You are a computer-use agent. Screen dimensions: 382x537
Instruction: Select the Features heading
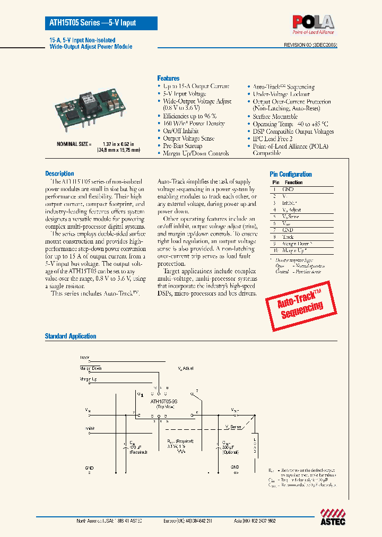tap(168, 78)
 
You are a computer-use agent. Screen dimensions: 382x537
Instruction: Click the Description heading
tap(59, 174)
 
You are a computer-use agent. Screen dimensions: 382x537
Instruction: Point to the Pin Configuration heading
tap(291, 174)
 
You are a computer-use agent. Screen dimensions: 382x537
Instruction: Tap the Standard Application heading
tap(71, 336)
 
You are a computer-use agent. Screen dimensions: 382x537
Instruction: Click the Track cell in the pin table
tap(289, 237)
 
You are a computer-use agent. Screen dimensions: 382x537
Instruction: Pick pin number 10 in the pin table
tap(274, 250)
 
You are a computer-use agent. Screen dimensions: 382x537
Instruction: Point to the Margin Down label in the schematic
tap(91, 368)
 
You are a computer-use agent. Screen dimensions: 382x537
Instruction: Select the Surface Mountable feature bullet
tap(275, 116)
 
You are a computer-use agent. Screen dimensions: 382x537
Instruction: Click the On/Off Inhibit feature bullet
tap(181, 131)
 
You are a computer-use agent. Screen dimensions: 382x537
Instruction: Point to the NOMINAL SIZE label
tap(74, 144)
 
